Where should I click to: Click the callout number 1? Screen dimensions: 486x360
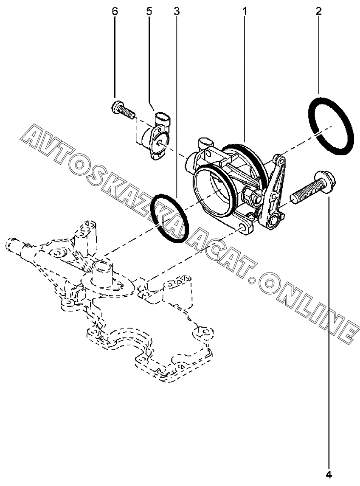click(245, 11)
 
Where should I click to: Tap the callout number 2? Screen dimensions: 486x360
click(318, 11)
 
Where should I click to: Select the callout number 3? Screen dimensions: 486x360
click(177, 11)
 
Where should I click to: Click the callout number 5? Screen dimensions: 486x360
click(149, 11)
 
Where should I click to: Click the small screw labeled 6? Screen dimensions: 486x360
click(122, 110)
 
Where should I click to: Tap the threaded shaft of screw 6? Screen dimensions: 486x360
click(127, 112)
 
